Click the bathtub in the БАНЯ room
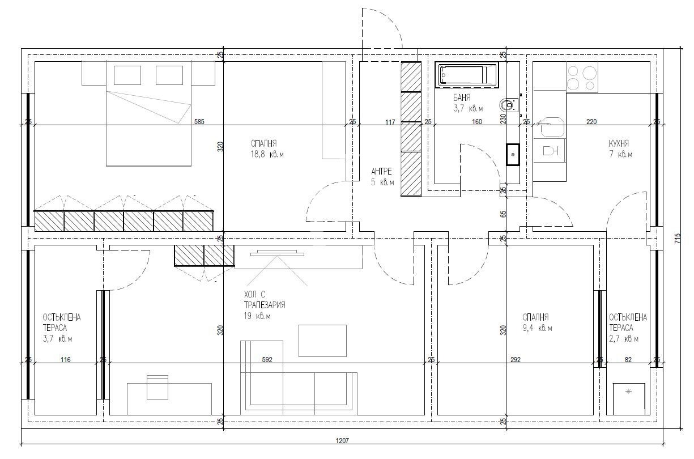pos(467,75)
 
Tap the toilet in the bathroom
pos(509,105)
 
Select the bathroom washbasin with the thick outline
pos(513,154)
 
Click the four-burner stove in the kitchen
pos(582,77)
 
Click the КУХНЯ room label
pos(619,143)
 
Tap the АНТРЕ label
pos(381,171)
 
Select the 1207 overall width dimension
pos(342,440)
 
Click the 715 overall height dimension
pos(678,239)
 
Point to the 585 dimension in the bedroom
pos(199,121)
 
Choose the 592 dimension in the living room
pos(267,359)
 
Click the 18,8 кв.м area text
pos(267,154)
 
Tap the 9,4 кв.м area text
pos(537,328)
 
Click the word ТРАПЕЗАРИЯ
pos(265,305)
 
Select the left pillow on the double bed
pos(127,75)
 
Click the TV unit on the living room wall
pos(277,253)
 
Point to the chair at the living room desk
pos(157,387)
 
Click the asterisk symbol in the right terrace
pos(628,392)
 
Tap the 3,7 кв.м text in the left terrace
pos(57,339)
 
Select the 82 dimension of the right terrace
pos(628,359)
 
